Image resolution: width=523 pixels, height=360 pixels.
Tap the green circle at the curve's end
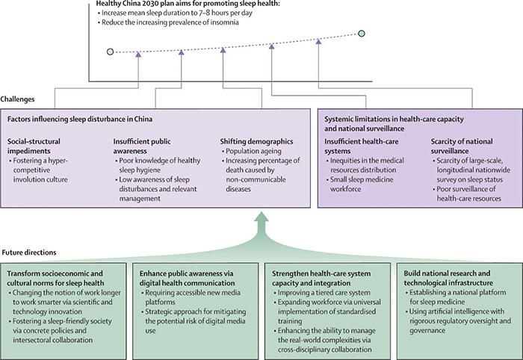tap(362, 34)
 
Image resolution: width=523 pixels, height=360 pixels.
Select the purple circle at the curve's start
tap(111, 52)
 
